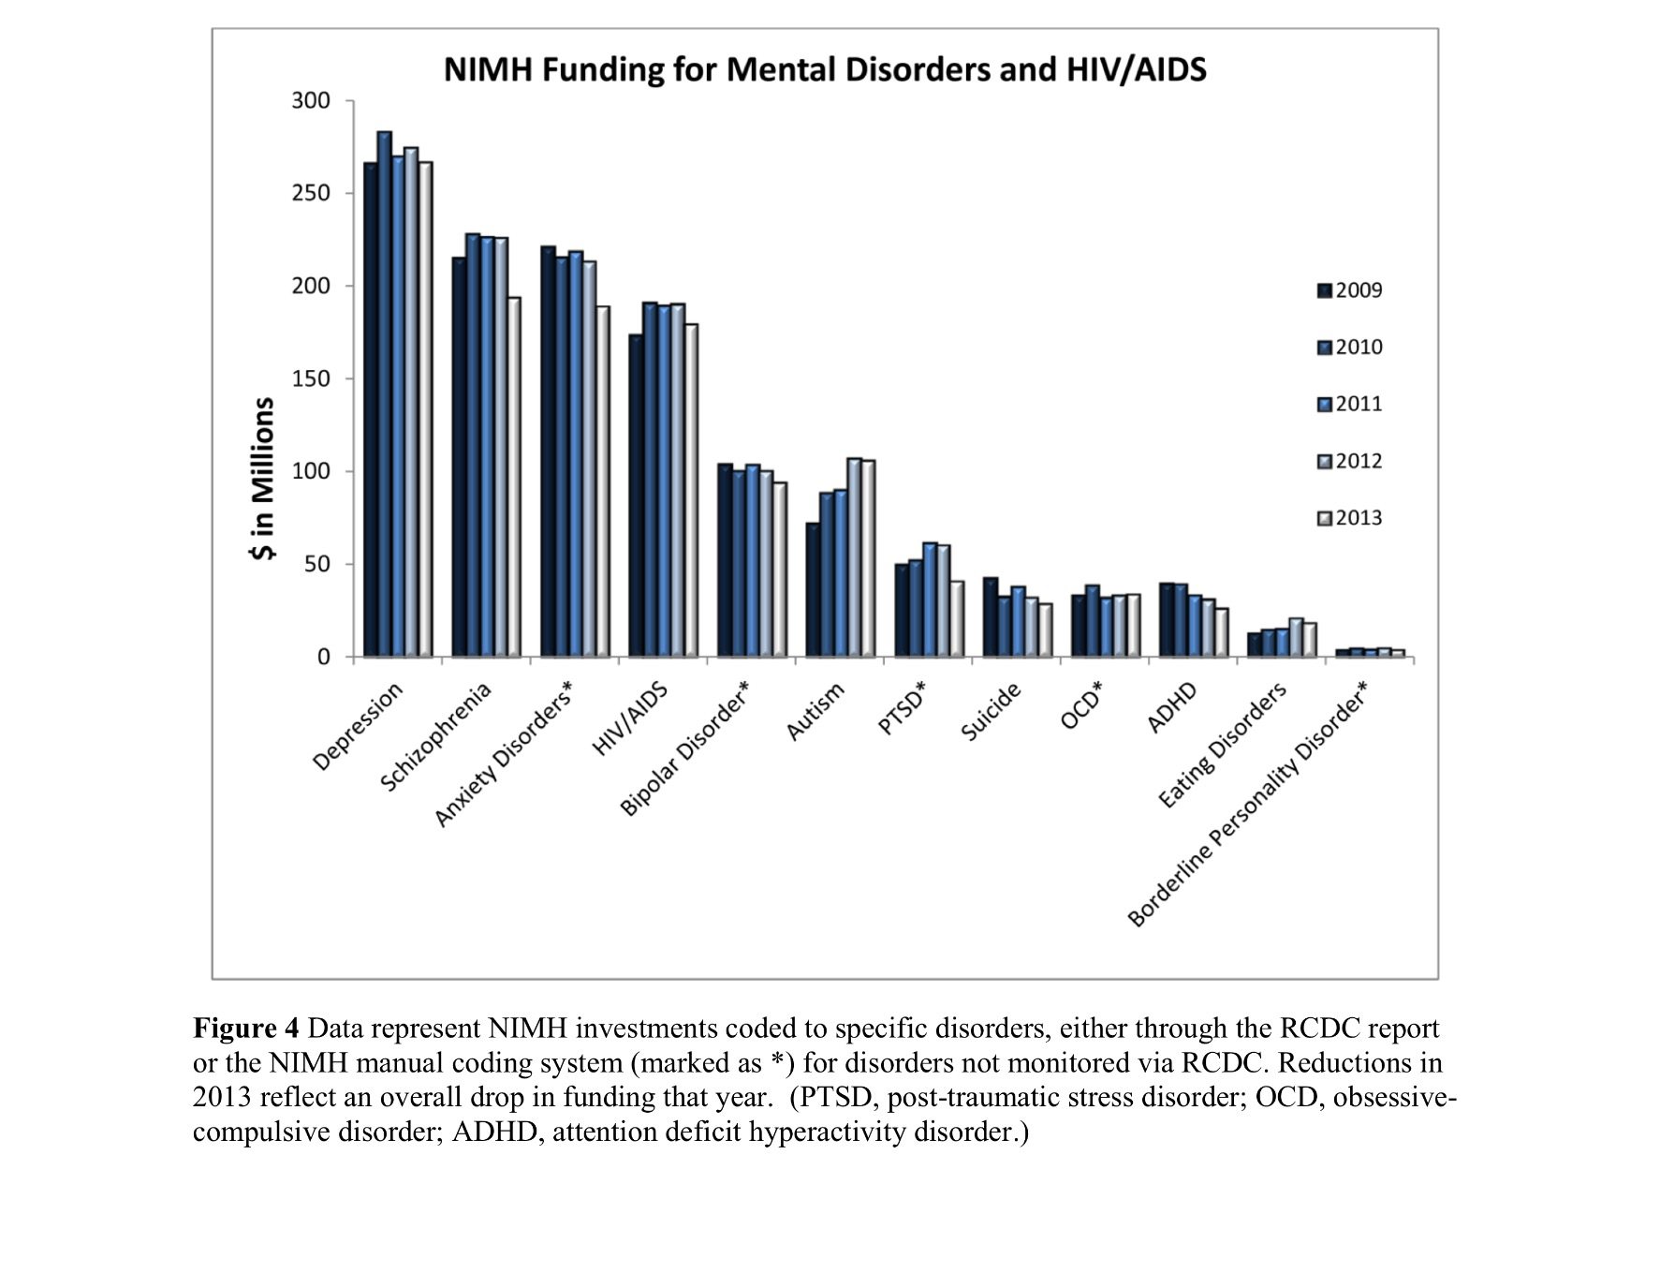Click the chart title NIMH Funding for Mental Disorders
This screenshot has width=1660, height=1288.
tap(824, 69)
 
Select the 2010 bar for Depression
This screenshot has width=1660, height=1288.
tap(385, 393)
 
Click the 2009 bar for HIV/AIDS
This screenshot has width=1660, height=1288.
tap(636, 496)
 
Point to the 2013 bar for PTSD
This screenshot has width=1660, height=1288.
tap(957, 619)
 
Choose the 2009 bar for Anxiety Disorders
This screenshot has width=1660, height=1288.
tap(548, 452)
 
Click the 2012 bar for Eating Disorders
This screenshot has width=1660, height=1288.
tap(1296, 637)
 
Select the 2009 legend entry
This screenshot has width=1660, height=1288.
tap(1349, 290)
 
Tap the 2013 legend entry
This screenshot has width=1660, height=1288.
tap(1349, 518)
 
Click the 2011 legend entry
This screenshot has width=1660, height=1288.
tap(1349, 404)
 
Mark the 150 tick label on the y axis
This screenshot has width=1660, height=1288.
tap(311, 378)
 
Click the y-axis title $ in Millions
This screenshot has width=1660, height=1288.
tap(263, 478)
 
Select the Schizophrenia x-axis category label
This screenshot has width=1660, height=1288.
tap(435, 737)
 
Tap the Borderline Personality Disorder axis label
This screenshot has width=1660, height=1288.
tap(1247, 805)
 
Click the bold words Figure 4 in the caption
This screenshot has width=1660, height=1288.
tap(246, 1029)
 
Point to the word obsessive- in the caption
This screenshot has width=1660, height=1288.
tap(1394, 1097)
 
